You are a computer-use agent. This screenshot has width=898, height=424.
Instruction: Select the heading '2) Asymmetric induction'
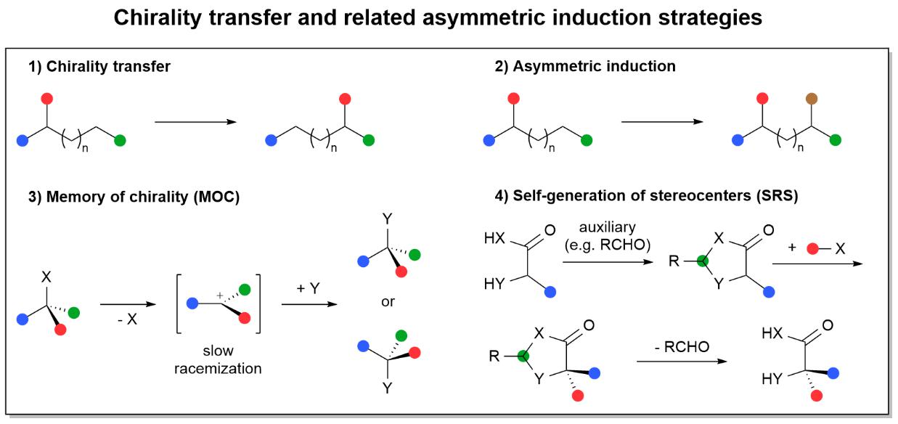pos(584,67)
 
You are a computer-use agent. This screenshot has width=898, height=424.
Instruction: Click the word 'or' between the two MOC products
pos(388,301)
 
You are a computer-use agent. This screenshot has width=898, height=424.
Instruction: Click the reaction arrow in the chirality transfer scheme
pos(196,122)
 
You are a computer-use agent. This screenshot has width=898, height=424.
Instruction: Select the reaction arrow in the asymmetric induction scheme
pos(663,122)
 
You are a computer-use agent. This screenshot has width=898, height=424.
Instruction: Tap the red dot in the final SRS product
pos(817,396)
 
